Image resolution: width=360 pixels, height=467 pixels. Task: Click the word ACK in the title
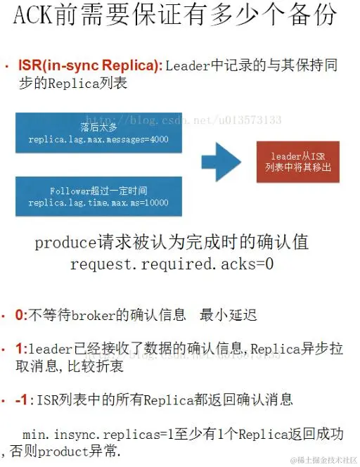(33, 15)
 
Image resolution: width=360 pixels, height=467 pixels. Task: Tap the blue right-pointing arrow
(221, 162)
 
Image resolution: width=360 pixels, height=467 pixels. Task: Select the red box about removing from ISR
(297, 162)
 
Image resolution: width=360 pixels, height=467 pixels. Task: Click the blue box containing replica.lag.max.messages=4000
(98, 133)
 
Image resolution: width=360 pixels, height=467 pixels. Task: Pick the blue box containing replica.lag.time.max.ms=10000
(98, 196)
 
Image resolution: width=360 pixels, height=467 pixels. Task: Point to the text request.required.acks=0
(172, 264)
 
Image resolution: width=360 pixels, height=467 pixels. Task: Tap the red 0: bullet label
(21, 315)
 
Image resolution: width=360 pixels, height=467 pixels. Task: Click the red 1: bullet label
(21, 349)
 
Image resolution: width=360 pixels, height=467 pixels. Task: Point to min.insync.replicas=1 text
(98, 435)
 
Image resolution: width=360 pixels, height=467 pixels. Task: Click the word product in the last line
(63, 452)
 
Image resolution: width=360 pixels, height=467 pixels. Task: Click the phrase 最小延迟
(228, 315)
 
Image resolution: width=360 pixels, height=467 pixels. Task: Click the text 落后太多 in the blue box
(98, 127)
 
